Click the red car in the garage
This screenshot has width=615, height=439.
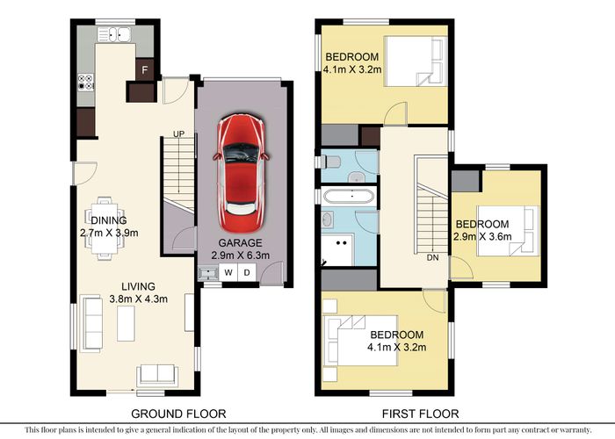242,173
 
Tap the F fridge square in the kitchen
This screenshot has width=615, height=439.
145,69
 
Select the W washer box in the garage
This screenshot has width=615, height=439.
228,272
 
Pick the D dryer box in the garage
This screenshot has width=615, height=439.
247,272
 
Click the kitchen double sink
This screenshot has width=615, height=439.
114,34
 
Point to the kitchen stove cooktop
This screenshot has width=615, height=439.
85,82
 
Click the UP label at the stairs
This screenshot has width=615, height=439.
179,134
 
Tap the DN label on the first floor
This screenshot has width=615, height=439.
432,257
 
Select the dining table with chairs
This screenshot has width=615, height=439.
105,228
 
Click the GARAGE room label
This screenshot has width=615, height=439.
240,243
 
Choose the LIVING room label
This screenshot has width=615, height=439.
138,286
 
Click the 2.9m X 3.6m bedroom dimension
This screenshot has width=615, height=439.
482,237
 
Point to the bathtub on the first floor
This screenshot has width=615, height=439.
350,196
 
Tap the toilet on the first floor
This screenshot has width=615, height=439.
330,162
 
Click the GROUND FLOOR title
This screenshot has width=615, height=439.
178,414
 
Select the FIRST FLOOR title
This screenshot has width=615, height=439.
421,414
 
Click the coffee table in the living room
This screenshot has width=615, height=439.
126,323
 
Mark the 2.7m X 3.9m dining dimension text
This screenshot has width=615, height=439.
109,234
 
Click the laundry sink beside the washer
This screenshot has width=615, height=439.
208,272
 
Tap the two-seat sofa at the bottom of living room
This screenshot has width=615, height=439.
157,375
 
